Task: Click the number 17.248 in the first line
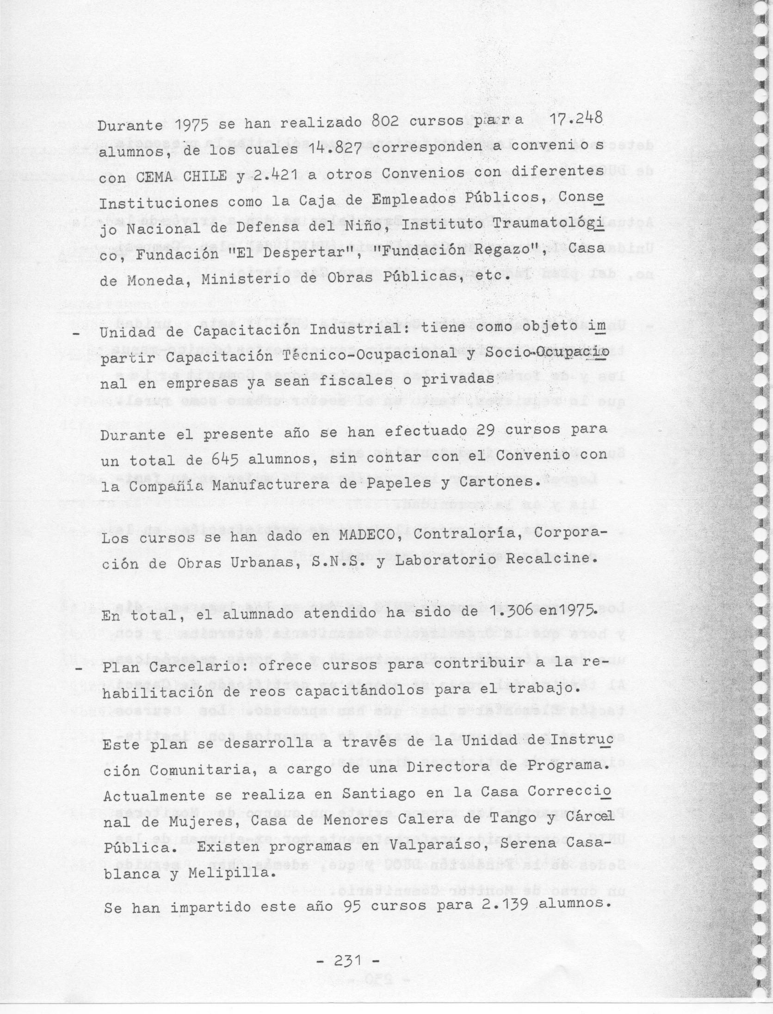click(x=574, y=120)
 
